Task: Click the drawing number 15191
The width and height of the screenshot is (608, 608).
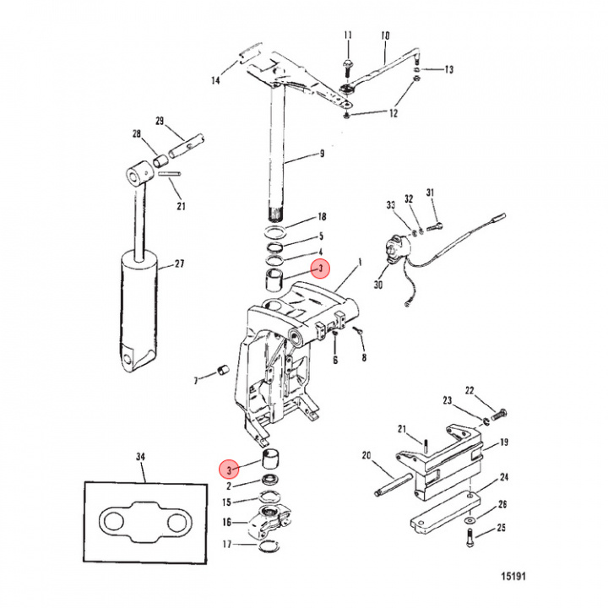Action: [x=509, y=577]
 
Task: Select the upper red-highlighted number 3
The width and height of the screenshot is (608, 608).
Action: [x=319, y=269]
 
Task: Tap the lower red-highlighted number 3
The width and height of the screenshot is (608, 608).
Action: [x=228, y=467]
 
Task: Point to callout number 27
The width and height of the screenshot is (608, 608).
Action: [x=179, y=264]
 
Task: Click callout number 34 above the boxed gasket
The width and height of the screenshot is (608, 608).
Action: [x=141, y=458]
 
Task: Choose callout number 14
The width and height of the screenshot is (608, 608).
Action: [x=215, y=81]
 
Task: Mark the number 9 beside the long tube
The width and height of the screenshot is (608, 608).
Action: [x=321, y=154]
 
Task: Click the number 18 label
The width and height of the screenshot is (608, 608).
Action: [x=320, y=217]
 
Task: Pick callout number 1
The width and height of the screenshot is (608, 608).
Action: [x=361, y=262]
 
